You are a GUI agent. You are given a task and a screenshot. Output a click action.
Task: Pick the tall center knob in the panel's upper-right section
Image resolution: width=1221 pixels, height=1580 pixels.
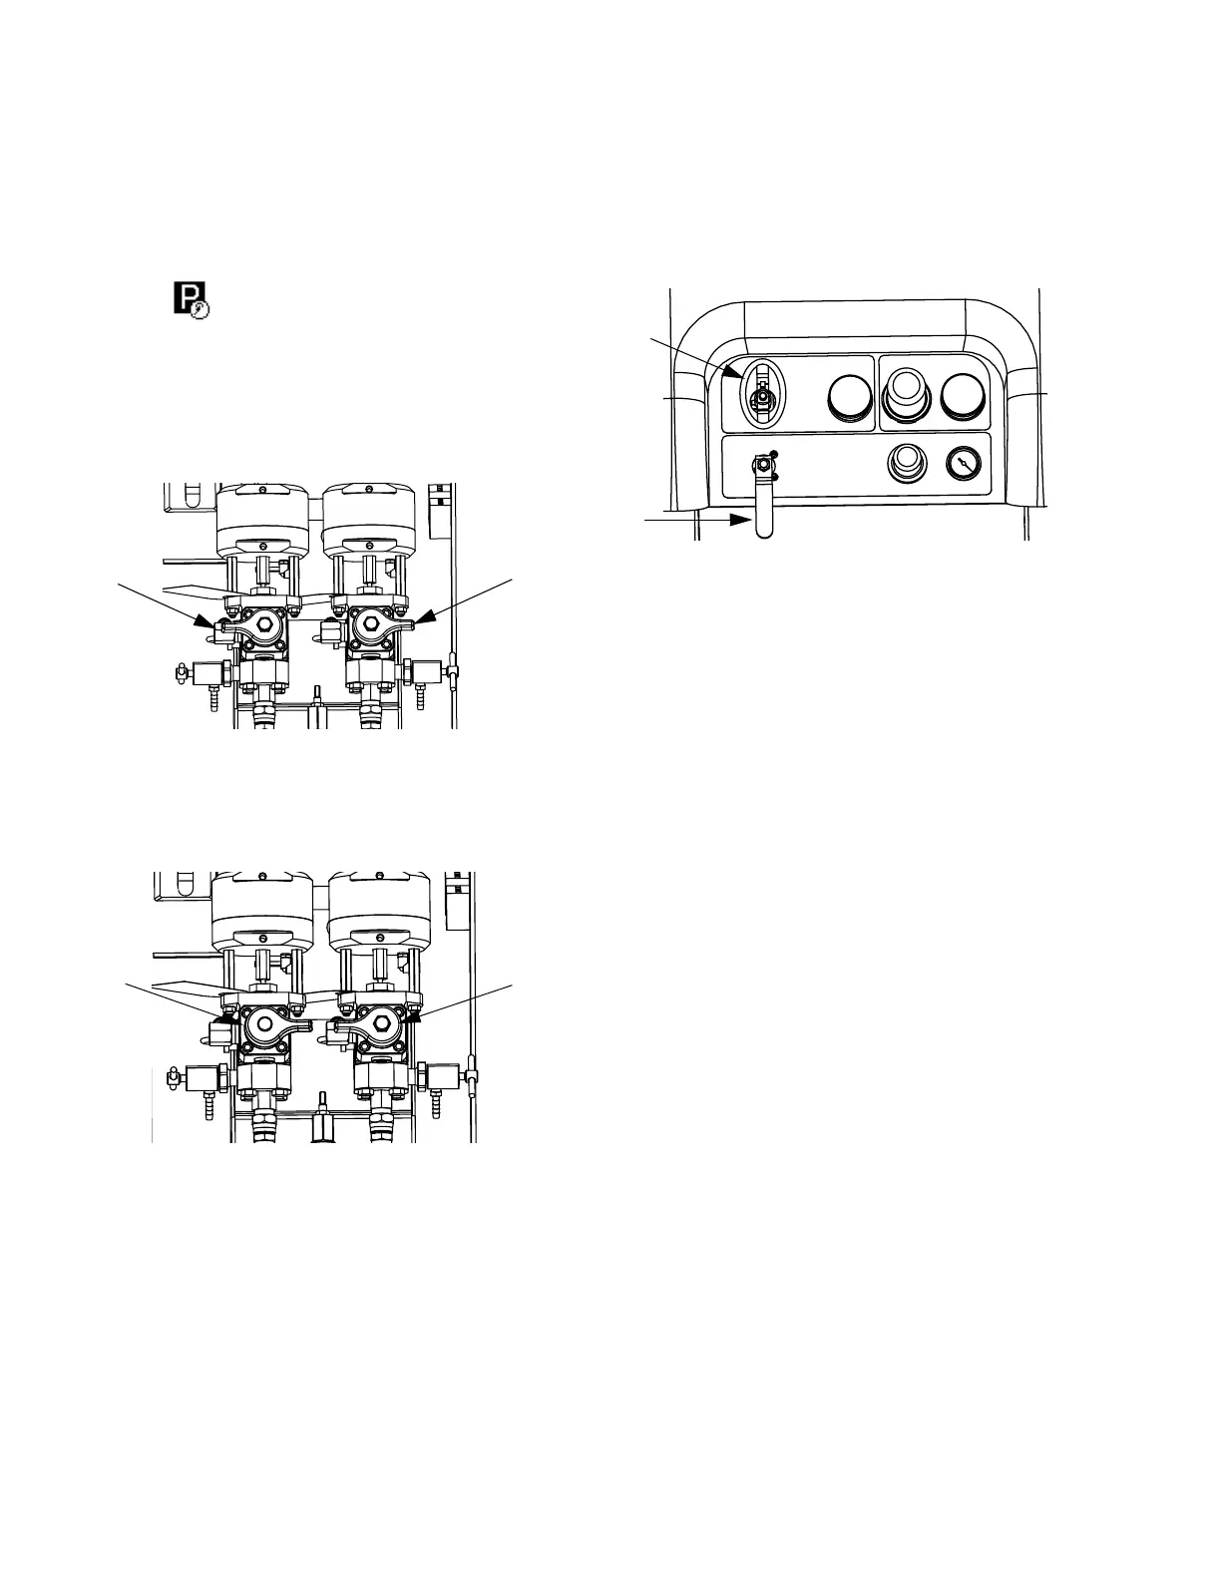point(906,393)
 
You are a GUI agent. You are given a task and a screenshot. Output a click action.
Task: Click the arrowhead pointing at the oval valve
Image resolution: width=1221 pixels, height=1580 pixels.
point(740,375)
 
